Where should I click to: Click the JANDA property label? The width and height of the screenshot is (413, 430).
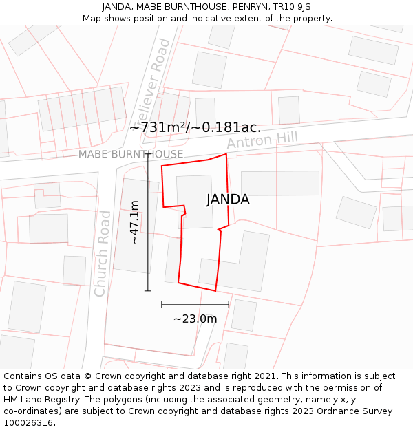pyautogui.click(x=228, y=200)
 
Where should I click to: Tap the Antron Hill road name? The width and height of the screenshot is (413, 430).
pyautogui.click(x=262, y=140)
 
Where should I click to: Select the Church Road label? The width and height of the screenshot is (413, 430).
pyautogui.click(x=103, y=253)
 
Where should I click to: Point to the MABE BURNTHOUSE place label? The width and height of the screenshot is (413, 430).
pyautogui.click(x=131, y=154)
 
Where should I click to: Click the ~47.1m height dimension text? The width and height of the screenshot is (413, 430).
pyautogui.click(x=135, y=222)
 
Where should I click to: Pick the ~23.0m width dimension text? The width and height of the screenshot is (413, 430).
pyautogui.click(x=195, y=319)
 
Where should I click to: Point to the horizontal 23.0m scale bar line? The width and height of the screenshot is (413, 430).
pyautogui.click(x=195, y=304)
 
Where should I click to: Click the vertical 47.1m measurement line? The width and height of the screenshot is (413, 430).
pyautogui.click(x=148, y=222)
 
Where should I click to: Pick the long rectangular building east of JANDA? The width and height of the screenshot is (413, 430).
pyautogui.click(x=280, y=183)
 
